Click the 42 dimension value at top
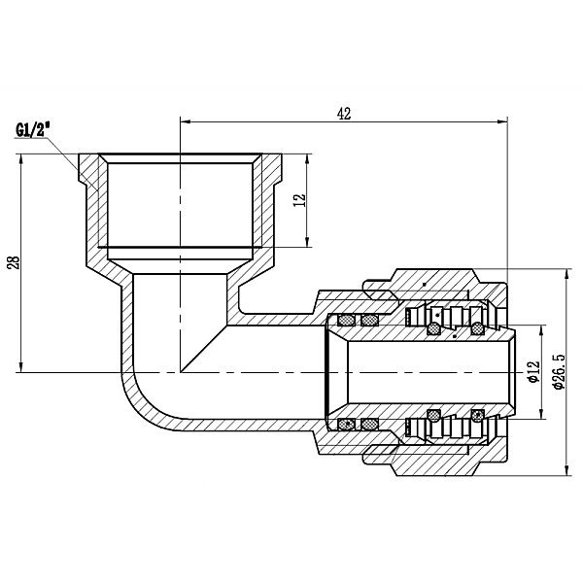[x=343, y=112]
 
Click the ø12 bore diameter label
[x=532, y=371]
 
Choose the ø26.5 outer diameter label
[x=558, y=371]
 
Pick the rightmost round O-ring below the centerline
[x=476, y=416]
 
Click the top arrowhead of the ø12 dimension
[x=539, y=333]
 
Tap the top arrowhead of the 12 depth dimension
[x=308, y=158]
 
